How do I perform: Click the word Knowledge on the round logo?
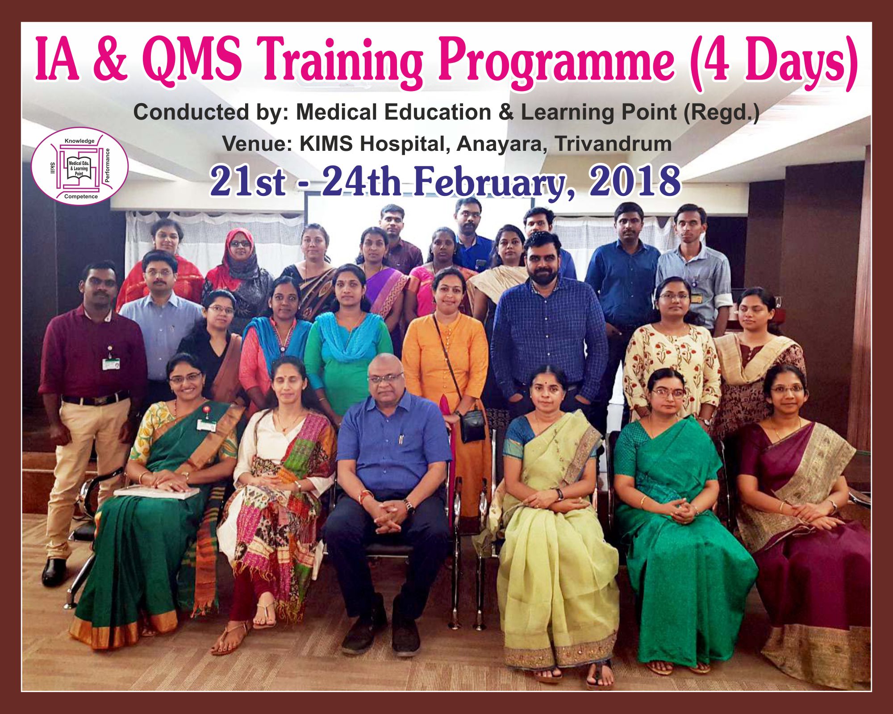(79, 141)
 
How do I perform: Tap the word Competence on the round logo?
(81, 196)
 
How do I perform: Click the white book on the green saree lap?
(156, 492)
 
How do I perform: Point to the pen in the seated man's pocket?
(401, 439)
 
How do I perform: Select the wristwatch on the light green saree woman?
(559, 494)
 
